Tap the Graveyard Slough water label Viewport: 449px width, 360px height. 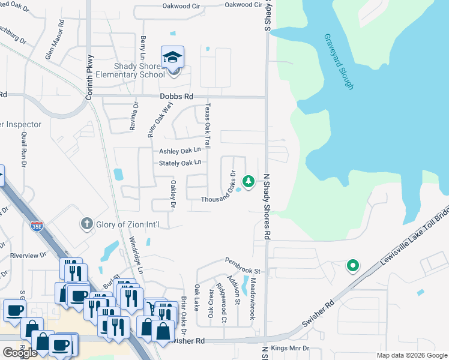[x=339, y=61]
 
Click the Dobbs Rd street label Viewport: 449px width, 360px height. [x=176, y=96]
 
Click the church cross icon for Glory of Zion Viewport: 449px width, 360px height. [x=86, y=224]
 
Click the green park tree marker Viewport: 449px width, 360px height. [x=247, y=181]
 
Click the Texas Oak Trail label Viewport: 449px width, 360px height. [x=208, y=125]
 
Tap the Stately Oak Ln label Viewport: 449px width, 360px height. [x=179, y=163]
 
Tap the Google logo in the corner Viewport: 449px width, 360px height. [x=20, y=353]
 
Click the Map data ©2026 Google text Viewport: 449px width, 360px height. [x=411, y=355]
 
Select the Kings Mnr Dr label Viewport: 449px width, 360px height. [x=289, y=348]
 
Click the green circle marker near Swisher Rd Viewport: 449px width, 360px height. [x=353, y=265]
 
